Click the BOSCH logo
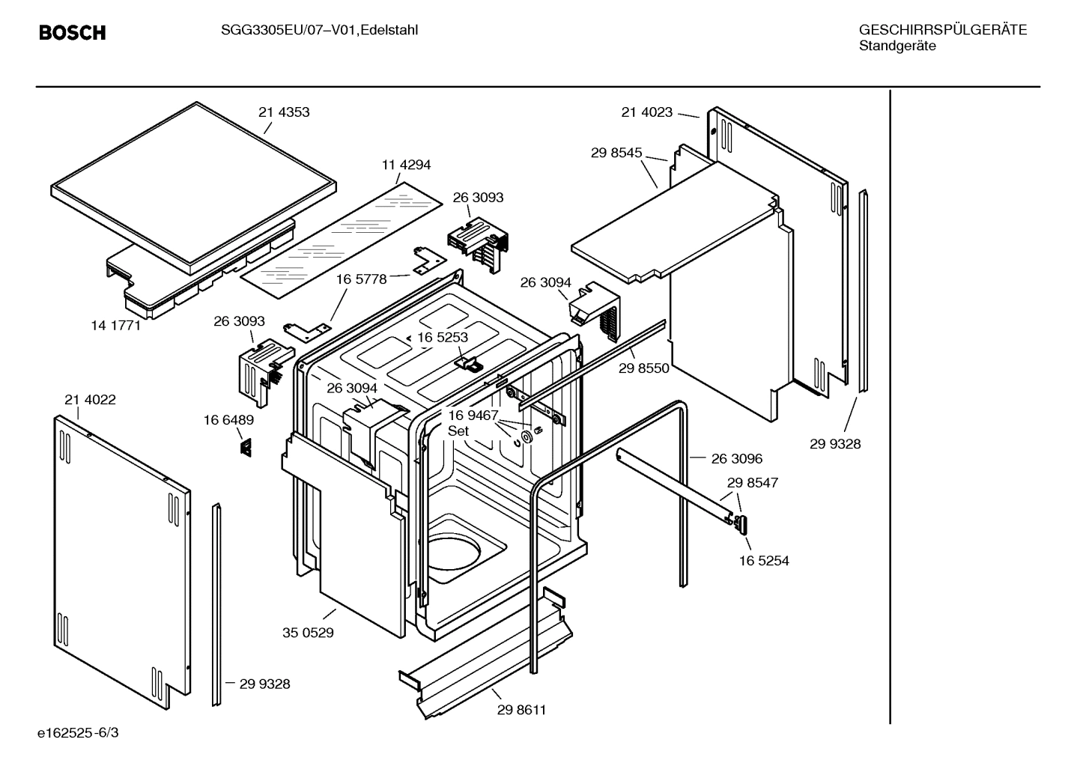72,33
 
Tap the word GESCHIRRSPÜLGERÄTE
942,30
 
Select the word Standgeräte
897,46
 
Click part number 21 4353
284,112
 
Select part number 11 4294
406,165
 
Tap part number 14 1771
115,326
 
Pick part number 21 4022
90,400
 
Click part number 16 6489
228,420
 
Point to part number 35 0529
308,633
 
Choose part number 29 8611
521,710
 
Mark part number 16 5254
764,561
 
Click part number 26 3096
737,458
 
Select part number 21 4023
646,112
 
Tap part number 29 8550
644,368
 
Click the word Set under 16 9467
458,431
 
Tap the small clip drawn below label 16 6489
245,447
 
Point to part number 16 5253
443,337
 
